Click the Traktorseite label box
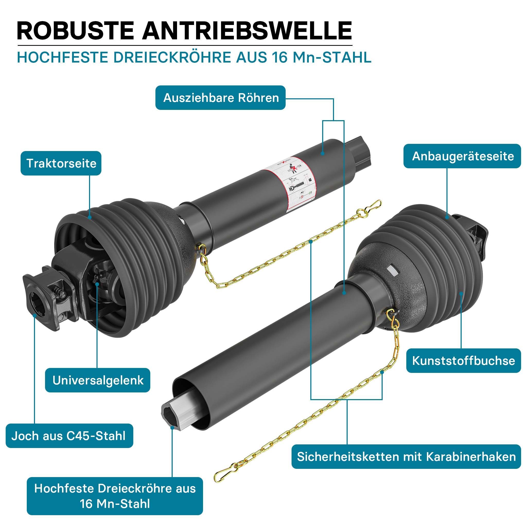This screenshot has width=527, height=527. tap(61, 163)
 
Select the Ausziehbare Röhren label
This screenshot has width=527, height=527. tap(221, 98)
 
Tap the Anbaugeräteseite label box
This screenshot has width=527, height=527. tap(462, 156)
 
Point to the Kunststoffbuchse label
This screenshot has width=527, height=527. tap(463, 361)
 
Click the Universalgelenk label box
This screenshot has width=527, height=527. tap(98, 380)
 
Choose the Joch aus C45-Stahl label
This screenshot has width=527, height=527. tap(69, 436)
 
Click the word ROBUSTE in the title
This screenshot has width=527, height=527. tap(76, 31)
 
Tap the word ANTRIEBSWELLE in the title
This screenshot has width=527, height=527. tap(247, 31)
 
